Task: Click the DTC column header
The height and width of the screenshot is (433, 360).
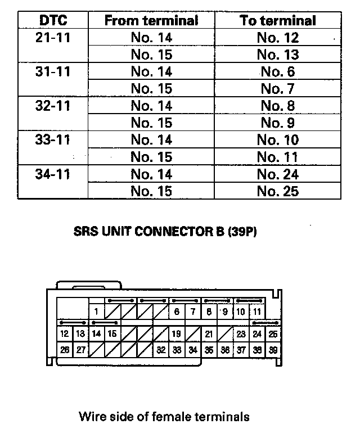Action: (53, 21)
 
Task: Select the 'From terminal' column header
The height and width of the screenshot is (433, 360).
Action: (151, 21)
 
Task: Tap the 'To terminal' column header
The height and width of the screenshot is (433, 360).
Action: (278, 21)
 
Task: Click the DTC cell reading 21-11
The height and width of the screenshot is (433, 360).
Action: (53, 38)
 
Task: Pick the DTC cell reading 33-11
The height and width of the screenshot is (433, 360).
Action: (53, 139)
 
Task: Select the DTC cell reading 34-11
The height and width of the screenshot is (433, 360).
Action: (53, 174)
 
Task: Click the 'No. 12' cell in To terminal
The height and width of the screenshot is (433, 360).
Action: (278, 38)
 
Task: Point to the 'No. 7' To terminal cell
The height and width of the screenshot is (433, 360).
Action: (278, 89)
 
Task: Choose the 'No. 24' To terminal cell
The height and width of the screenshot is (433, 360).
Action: (278, 174)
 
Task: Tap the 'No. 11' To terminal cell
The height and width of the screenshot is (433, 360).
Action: (278, 157)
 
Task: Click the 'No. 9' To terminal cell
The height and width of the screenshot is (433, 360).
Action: (278, 123)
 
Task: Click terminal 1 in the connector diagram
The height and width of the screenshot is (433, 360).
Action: (97, 312)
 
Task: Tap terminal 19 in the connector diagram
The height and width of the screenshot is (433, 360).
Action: (176, 333)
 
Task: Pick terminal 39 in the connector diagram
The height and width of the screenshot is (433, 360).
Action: (273, 350)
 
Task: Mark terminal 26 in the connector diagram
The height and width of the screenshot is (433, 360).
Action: (65, 350)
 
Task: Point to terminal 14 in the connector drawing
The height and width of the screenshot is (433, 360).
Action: (97, 333)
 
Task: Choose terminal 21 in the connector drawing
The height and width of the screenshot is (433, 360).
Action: (209, 333)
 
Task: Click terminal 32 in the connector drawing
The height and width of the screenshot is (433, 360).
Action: (161, 350)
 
